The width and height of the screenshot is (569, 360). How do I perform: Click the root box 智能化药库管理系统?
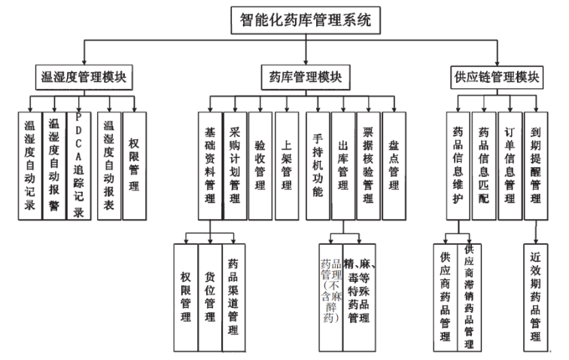tap(305, 20)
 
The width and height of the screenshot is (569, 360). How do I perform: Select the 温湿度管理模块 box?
tap(83, 77)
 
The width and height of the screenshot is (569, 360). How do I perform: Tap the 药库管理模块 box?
tap(305, 77)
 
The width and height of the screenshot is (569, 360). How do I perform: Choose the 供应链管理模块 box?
tap(497, 77)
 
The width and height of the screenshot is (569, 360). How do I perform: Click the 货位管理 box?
tap(210, 298)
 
